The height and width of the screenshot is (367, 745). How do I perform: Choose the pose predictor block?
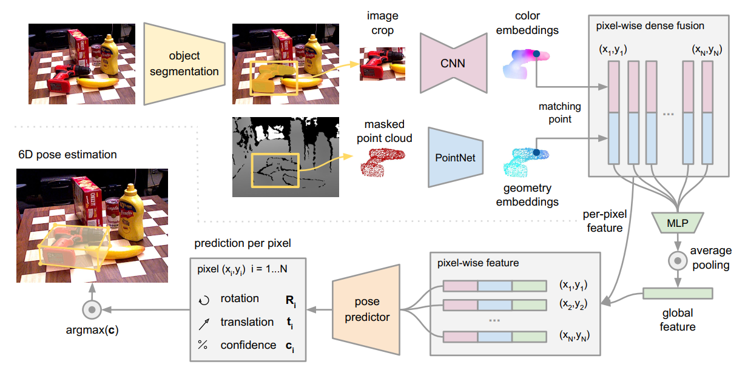366,309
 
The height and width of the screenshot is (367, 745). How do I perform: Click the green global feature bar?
678,294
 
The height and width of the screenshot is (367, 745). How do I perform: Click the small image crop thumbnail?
383,63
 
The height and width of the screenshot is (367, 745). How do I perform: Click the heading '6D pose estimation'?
67,155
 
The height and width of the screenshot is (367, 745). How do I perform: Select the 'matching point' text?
559,113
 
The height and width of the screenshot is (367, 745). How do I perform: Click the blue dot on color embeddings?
536,55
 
